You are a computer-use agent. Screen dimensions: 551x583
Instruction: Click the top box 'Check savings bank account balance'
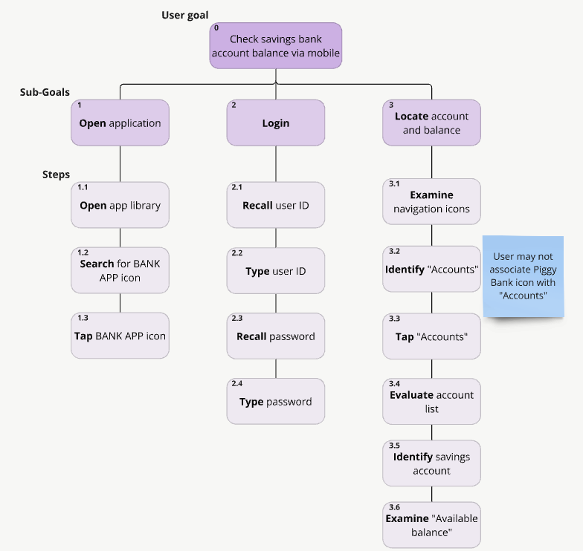[x=275, y=46]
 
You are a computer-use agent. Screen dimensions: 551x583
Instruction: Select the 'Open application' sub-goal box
[x=120, y=123]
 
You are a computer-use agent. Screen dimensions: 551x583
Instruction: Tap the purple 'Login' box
[x=275, y=123]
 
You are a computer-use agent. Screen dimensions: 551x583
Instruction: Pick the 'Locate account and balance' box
[x=431, y=123]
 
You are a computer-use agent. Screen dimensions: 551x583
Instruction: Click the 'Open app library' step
[x=120, y=205]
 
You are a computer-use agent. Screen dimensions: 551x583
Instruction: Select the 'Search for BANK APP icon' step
[x=120, y=270]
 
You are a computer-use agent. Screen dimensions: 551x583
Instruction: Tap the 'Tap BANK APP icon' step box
[x=120, y=336]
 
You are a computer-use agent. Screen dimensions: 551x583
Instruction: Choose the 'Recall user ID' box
[x=275, y=205]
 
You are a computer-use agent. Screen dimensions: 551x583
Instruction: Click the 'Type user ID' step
[x=275, y=270]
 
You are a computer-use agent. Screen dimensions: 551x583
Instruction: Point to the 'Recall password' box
[x=275, y=336]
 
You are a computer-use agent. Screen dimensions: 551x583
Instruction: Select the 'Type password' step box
[x=275, y=401]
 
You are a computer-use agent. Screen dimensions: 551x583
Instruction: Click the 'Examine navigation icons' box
[x=431, y=202]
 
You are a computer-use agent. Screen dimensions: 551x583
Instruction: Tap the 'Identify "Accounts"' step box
[x=431, y=269]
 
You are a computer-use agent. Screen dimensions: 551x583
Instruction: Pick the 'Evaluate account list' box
[x=431, y=402]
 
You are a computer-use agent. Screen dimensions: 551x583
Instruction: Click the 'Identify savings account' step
[x=431, y=463]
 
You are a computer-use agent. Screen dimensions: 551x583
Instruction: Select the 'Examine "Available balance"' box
[x=431, y=525]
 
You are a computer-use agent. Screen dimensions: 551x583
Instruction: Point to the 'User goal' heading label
[x=185, y=15]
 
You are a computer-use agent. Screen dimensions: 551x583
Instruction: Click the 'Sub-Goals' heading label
[x=45, y=92]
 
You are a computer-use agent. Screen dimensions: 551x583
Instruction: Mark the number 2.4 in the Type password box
[x=236, y=383]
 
